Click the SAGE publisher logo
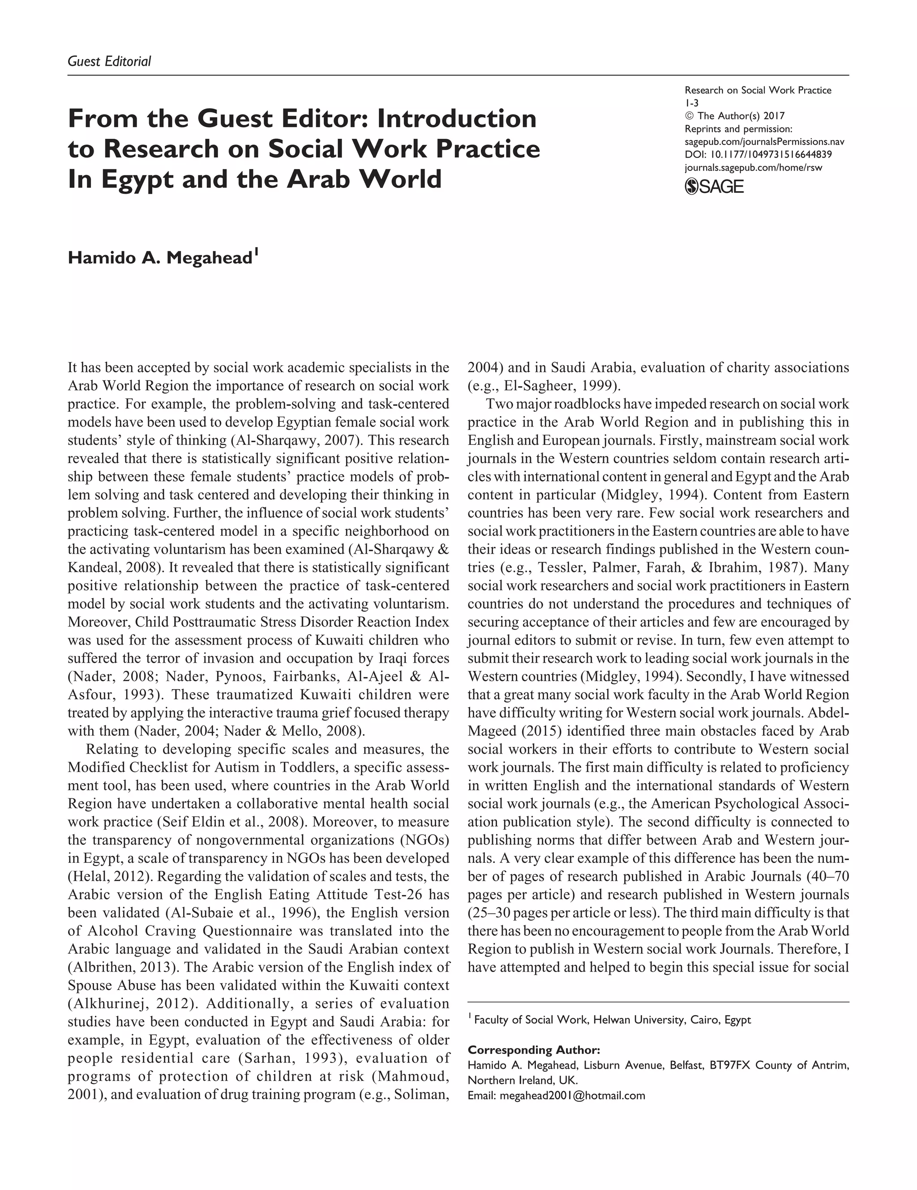click(714, 187)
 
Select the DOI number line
click(758, 155)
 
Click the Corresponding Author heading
click(534, 1050)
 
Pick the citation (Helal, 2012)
click(103, 877)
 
